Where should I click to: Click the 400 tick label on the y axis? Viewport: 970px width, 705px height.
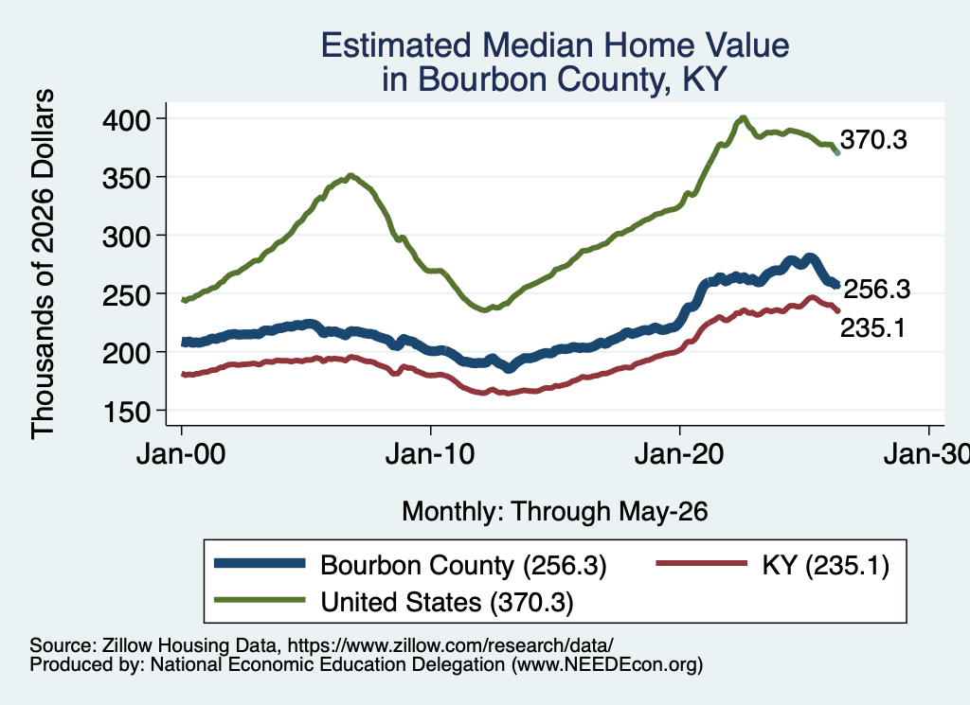(x=127, y=120)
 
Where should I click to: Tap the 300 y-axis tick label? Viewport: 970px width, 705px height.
(x=127, y=237)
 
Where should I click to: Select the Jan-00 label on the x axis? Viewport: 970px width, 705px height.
(x=181, y=455)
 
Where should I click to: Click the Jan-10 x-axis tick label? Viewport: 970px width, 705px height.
(x=430, y=455)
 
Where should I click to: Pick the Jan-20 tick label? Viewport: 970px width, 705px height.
(x=679, y=455)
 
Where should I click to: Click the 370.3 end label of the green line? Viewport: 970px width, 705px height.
(x=873, y=140)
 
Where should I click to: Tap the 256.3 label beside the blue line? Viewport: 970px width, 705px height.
(x=877, y=290)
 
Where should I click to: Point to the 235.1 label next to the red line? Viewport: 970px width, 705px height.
(x=872, y=328)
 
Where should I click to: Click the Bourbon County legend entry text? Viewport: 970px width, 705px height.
(x=463, y=565)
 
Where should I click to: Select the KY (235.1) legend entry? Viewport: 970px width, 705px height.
(x=825, y=565)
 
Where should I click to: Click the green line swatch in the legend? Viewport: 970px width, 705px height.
(x=260, y=600)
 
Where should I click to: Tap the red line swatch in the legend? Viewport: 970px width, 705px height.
(x=702, y=563)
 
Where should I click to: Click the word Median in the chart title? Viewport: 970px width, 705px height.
(x=538, y=45)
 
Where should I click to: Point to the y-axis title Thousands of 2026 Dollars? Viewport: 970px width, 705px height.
(x=43, y=264)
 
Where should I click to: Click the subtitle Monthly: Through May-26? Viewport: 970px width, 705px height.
(x=555, y=512)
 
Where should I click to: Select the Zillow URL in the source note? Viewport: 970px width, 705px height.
(x=450, y=645)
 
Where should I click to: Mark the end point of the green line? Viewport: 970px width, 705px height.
(x=837, y=152)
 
